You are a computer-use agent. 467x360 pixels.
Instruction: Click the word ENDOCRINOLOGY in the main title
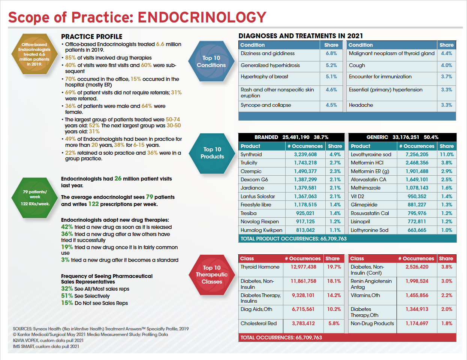[x=202, y=18]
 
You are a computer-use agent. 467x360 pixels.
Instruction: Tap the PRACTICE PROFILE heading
[x=92, y=37]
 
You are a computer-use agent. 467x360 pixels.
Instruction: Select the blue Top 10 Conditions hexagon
[x=211, y=61]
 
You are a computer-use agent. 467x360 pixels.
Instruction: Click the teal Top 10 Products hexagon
[x=212, y=153]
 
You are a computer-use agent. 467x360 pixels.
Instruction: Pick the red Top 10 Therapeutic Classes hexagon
[x=212, y=275]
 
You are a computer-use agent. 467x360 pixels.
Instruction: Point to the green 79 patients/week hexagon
[x=35, y=197]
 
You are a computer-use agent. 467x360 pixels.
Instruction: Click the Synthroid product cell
[x=251, y=154]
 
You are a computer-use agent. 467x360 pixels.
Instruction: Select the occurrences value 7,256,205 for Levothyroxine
[x=417, y=154]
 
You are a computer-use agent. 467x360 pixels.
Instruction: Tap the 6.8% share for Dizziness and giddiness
[x=331, y=54]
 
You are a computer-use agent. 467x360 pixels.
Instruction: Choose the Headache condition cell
[x=361, y=105]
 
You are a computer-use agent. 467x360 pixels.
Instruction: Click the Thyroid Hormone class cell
[x=260, y=267]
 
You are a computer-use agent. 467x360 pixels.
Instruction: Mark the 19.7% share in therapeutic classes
[x=334, y=267]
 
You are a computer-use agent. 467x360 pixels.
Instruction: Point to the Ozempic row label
[x=251, y=171]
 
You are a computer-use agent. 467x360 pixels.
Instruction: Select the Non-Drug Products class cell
[x=372, y=324]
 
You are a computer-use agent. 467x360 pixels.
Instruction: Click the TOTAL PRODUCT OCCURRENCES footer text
[x=293, y=239]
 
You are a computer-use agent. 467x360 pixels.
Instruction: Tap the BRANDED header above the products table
[x=266, y=137]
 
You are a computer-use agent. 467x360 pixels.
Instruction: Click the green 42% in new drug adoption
[x=67, y=227]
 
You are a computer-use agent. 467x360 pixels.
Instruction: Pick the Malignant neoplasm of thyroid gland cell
[x=392, y=54]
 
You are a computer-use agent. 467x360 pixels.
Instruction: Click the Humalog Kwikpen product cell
[x=261, y=230]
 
